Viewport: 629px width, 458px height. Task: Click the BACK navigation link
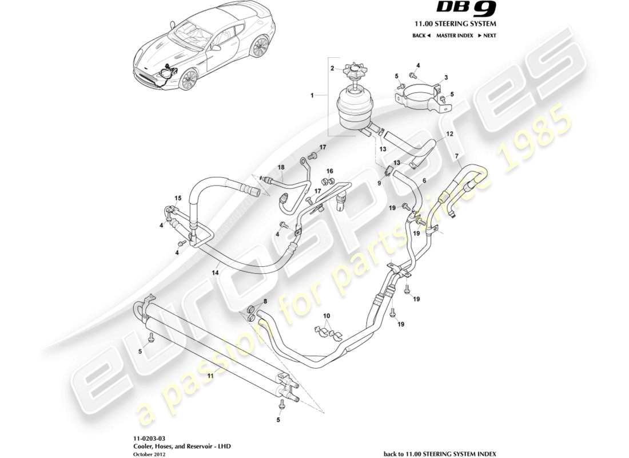421,35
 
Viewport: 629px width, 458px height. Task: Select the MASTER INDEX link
453,35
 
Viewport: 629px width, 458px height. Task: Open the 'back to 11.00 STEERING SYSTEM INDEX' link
440,453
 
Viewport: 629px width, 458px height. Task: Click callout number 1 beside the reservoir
312,96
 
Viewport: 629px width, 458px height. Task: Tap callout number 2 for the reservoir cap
332,68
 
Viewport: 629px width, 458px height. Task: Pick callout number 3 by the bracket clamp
445,77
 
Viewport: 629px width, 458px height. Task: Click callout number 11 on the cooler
210,376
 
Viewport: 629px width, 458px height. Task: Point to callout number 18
281,167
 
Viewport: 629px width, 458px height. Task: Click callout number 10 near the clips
327,316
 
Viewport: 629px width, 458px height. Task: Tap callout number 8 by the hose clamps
264,301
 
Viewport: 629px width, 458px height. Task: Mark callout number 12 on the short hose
449,133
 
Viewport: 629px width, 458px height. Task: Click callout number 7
456,156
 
